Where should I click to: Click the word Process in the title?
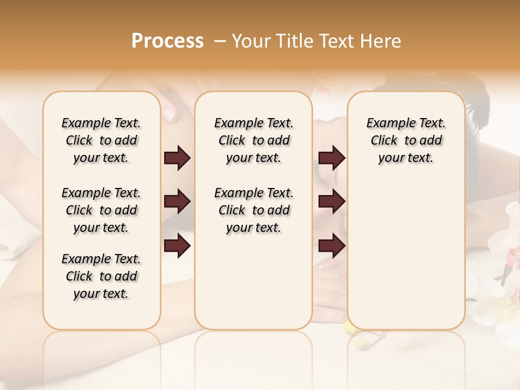pos(167,41)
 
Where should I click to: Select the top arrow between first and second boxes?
pos(177,158)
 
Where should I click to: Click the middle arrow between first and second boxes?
pos(177,201)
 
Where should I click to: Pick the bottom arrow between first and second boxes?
pos(177,246)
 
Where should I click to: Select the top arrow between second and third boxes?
pos(331,158)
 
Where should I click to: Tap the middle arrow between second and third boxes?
pos(331,201)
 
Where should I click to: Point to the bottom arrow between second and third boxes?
pos(331,246)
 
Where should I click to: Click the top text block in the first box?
pos(101,140)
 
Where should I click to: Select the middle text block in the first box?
pos(101,210)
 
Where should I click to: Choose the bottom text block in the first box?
pos(101,276)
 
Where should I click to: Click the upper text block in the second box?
pos(254,140)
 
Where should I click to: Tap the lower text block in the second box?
pos(254,210)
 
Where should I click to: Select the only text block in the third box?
pos(406,140)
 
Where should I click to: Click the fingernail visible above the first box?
pos(168,115)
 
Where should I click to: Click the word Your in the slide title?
pos(249,41)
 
